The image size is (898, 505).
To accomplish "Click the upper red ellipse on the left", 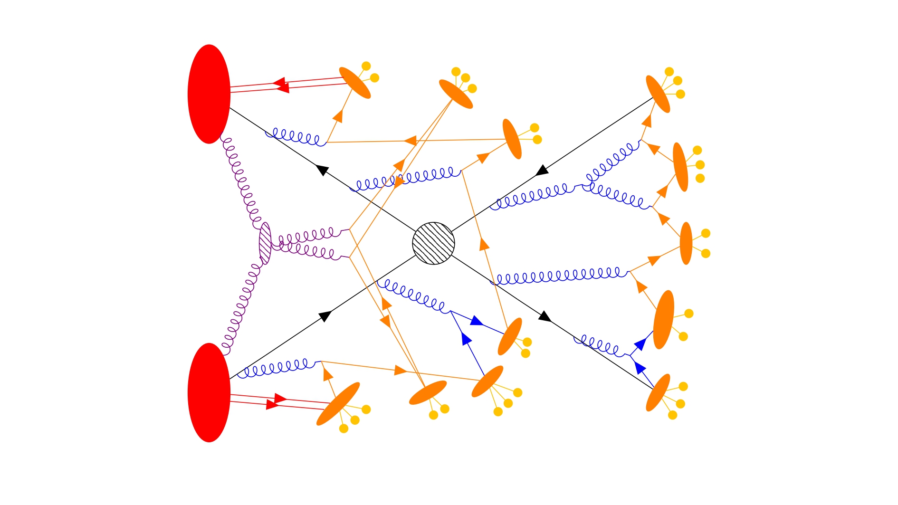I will coord(209,94).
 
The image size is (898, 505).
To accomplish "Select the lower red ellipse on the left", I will coord(209,392).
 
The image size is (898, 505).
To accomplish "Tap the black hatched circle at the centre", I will coord(433,243).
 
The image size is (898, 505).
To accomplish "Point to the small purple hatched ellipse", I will coord(265,243).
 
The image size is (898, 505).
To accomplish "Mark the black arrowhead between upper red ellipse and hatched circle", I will coord(322,169).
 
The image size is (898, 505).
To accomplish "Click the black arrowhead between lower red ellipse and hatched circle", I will coord(325,315).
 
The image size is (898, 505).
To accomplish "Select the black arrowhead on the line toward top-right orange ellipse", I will coord(542,170).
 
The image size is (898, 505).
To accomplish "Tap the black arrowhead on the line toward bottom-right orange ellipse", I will coord(545,316).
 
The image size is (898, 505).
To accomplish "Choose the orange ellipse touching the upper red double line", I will coord(355,83).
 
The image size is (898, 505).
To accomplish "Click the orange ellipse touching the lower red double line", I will coord(338,404).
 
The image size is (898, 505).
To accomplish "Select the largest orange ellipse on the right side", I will coord(663,320).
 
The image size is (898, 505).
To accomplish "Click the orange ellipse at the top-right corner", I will coord(658,94).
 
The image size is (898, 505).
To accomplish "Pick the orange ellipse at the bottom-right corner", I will coord(658,392).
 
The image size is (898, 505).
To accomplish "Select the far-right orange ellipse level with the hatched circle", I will coord(686,243).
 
